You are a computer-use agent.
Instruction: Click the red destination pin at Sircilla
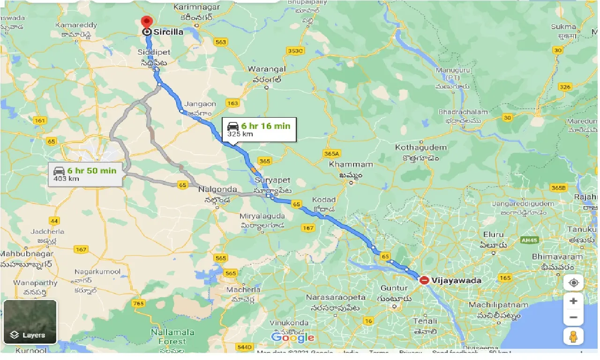pos(147,22)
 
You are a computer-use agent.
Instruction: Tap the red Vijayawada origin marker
pos(424,280)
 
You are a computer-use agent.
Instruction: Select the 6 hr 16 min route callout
pos(259,129)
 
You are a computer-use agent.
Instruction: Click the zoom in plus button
pos(573,301)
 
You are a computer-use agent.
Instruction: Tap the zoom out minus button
pos(573,318)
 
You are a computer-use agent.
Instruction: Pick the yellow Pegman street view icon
pos(573,337)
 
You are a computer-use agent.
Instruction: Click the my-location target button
pos(573,283)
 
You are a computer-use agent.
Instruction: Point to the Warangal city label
pos(267,69)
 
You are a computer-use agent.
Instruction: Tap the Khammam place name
pos(351,165)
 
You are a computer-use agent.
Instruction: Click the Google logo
pos(292,337)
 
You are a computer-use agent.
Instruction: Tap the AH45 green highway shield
pos(529,240)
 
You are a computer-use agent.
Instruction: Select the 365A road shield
pos(331,153)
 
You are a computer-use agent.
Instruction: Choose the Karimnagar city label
pos(193,7)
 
